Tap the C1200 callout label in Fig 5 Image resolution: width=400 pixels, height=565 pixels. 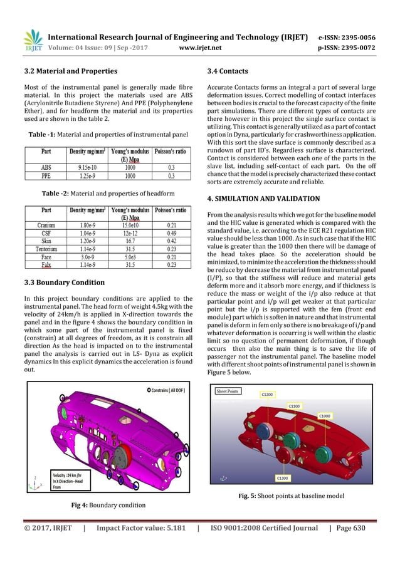(266, 395)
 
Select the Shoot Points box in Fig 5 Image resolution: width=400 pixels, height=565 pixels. (229, 391)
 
